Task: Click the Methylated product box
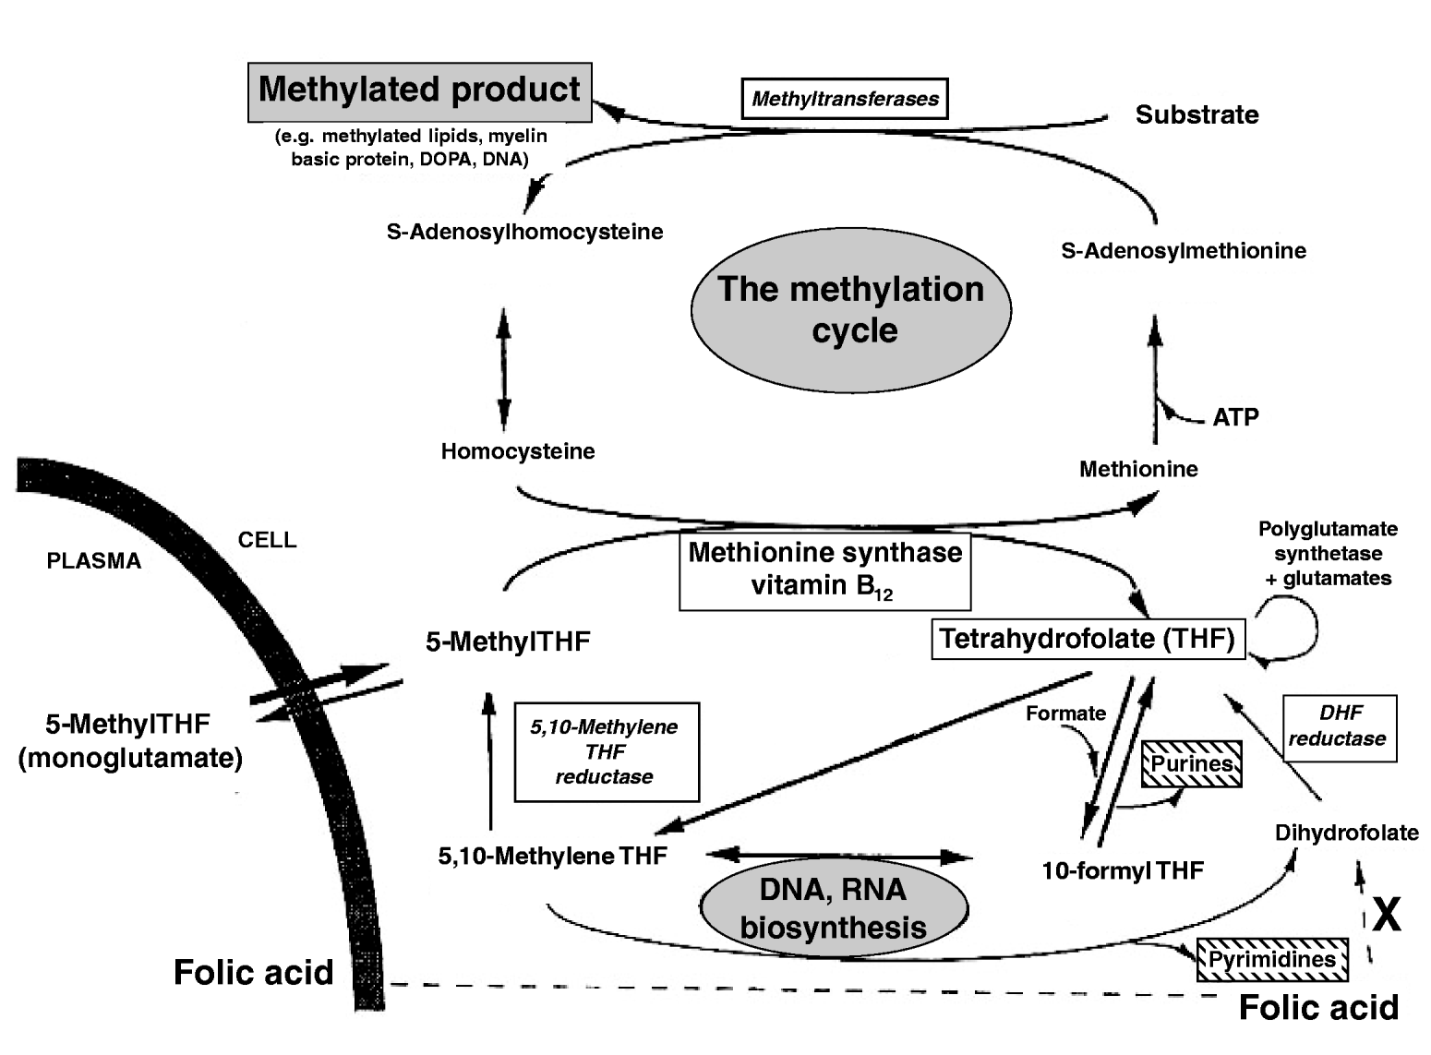click(419, 91)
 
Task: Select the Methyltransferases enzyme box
click(845, 99)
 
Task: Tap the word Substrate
click(1197, 114)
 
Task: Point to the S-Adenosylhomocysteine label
click(524, 232)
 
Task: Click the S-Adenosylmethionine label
click(1183, 251)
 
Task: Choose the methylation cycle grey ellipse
click(850, 310)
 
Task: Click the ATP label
click(1235, 417)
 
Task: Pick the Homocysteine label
click(517, 451)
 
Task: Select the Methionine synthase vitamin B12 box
click(824, 570)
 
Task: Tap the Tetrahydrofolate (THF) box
click(1087, 639)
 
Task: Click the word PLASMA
click(93, 561)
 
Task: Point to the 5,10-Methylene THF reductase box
click(606, 751)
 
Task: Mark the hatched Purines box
click(1191, 764)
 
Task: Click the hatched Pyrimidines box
click(1271, 960)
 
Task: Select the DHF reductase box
click(1339, 726)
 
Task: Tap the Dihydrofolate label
click(1346, 833)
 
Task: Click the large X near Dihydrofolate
click(1386, 915)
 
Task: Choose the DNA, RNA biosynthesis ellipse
click(834, 908)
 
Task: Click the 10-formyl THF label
click(1122, 870)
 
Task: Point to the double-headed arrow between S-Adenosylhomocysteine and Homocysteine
click(503, 369)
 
